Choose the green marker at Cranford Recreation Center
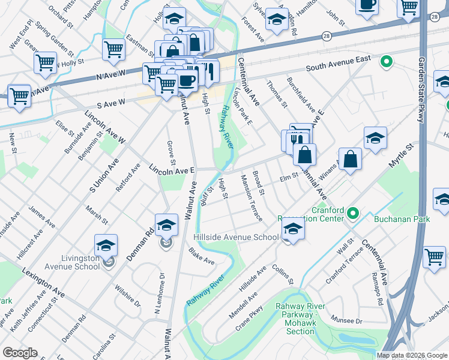pos(353,212)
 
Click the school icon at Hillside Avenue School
pos(293,228)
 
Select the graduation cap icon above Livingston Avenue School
pos(106,245)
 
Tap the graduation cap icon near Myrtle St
pos(375,138)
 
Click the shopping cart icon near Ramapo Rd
pos(434,256)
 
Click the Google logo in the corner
pos(20,353)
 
